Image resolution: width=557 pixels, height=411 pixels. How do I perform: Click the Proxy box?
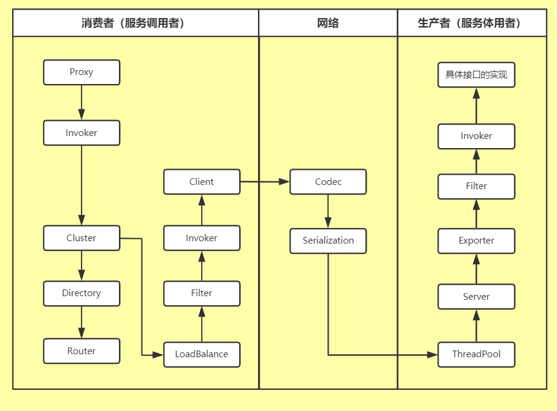tap(82, 72)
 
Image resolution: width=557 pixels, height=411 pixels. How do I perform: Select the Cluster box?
tap(82, 238)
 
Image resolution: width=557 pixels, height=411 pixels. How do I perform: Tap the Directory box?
tap(82, 293)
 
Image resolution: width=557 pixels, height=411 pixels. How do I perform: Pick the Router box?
tap(82, 351)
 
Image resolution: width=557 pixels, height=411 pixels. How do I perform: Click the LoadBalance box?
tap(202, 354)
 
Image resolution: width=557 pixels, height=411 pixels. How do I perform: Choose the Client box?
tap(202, 182)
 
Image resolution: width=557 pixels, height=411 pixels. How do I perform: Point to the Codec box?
tap(328, 182)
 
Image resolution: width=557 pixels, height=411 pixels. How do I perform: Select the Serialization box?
tap(328, 241)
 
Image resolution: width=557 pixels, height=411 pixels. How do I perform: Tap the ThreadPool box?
tap(476, 354)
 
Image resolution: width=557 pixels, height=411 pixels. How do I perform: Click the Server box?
tap(476, 297)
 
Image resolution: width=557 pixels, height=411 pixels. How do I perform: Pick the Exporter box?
tap(476, 241)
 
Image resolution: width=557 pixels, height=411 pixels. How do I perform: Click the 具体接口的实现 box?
tap(476, 76)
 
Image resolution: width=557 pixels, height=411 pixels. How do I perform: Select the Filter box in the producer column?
tap(476, 186)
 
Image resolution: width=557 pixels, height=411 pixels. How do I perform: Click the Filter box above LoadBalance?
tap(202, 293)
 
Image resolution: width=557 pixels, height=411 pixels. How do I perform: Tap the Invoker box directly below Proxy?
tap(82, 133)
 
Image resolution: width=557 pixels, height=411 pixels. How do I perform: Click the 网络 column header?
tap(328, 23)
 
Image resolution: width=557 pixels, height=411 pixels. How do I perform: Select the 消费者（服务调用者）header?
tap(136, 23)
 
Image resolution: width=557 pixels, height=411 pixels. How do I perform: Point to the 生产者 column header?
tap(469, 23)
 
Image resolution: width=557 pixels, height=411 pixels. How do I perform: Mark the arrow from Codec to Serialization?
tap(328, 211)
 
